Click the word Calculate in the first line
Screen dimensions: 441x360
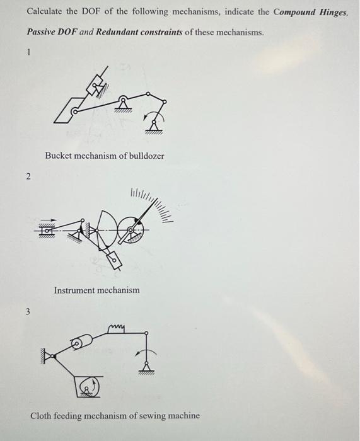tap(44, 12)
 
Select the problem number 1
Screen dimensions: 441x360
tap(28, 54)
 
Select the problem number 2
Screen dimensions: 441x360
tap(28, 177)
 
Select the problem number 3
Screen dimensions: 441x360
tap(28, 311)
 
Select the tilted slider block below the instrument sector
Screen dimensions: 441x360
tap(115, 260)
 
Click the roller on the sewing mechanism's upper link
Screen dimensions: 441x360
tap(77, 343)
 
